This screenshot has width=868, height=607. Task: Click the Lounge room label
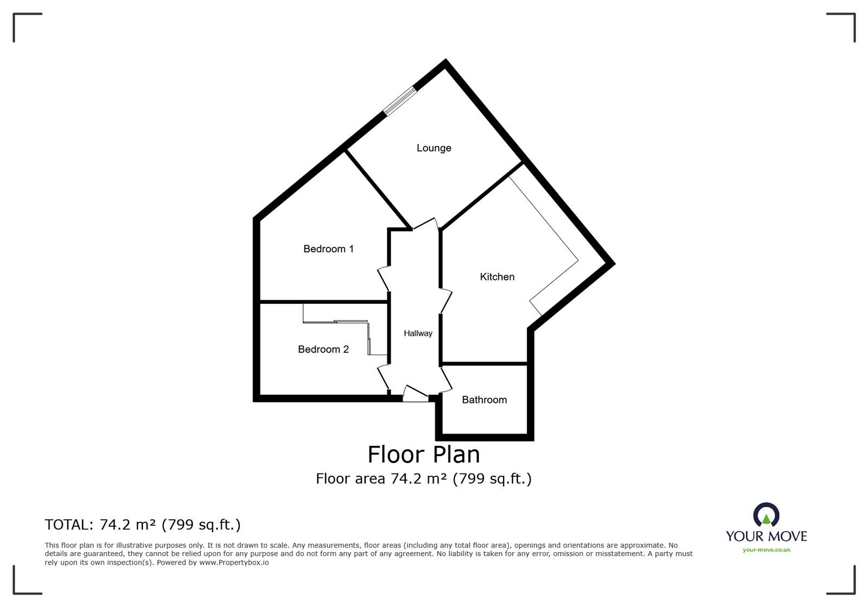[433, 148]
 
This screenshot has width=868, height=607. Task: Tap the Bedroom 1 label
[328, 249]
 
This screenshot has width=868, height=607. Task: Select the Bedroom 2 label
[323, 349]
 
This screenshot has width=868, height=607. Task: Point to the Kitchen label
[497, 277]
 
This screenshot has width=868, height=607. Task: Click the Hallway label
[418, 334]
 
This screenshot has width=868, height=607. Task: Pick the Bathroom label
[484, 400]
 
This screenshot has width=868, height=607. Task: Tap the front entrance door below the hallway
[416, 394]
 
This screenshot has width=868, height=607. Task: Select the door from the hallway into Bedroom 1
[384, 278]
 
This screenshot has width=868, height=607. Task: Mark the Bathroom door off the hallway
[446, 379]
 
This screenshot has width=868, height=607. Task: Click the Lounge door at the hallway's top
[425, 224]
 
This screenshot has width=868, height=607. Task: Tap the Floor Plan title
[424, 455]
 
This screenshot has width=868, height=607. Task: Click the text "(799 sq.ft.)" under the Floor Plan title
[492, 479]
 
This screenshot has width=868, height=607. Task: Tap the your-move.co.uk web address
[766, 550]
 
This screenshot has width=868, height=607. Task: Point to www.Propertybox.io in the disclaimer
[234, 563]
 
